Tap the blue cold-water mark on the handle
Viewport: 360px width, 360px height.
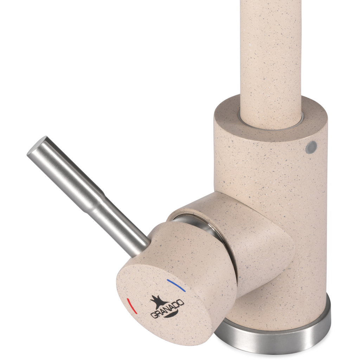click(x=176, y=285)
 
